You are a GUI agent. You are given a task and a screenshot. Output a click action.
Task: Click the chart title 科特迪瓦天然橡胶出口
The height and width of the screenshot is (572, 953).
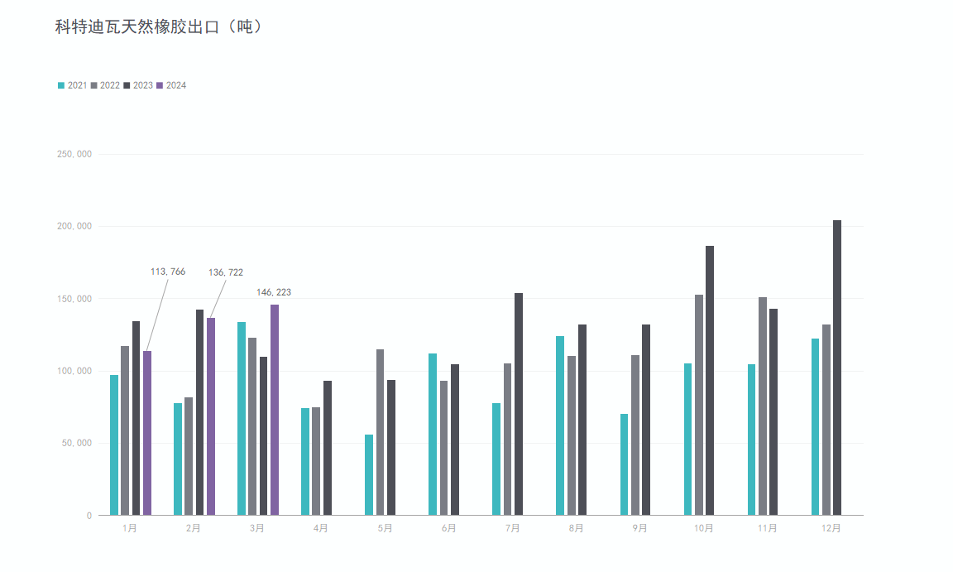[159, 27]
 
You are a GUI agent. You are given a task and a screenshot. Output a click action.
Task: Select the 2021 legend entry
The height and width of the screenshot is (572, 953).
[73, 85]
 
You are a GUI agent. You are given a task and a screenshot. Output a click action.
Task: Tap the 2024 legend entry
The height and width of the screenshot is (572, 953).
[171, 85]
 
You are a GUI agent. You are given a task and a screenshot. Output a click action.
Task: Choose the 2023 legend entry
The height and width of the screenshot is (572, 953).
[138, 85]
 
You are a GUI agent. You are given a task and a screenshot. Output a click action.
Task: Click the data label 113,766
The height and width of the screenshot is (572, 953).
[168, 272]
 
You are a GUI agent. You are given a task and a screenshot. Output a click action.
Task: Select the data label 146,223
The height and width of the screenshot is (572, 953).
[274, 292]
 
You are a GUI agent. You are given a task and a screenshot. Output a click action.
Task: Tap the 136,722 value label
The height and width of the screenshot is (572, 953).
[226, 272]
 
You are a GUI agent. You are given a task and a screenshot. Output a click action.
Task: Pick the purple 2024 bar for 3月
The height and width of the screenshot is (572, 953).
[275, 410]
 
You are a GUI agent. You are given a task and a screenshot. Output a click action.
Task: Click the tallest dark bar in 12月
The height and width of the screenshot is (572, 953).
[837, 368]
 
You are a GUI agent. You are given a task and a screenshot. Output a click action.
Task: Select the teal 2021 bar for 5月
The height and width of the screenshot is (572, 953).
[369, 474]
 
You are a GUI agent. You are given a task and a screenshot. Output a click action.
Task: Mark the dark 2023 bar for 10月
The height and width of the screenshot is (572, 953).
[710, 380]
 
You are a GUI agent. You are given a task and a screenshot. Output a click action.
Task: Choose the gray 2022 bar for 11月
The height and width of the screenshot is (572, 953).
[763, 406]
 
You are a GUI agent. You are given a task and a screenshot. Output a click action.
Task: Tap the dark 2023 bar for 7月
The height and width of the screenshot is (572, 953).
[519, 404]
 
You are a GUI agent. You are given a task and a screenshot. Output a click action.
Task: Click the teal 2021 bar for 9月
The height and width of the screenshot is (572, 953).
[625, 464]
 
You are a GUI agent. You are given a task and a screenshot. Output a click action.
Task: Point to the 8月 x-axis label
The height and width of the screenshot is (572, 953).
[576, 528]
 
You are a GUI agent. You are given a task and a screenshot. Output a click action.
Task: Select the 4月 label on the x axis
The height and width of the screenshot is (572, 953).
[321, 528]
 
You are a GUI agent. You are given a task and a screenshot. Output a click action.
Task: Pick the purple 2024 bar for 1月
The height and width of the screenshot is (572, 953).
[147, 433]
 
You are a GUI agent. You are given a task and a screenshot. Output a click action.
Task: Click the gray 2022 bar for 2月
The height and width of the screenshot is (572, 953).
[189, 456]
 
